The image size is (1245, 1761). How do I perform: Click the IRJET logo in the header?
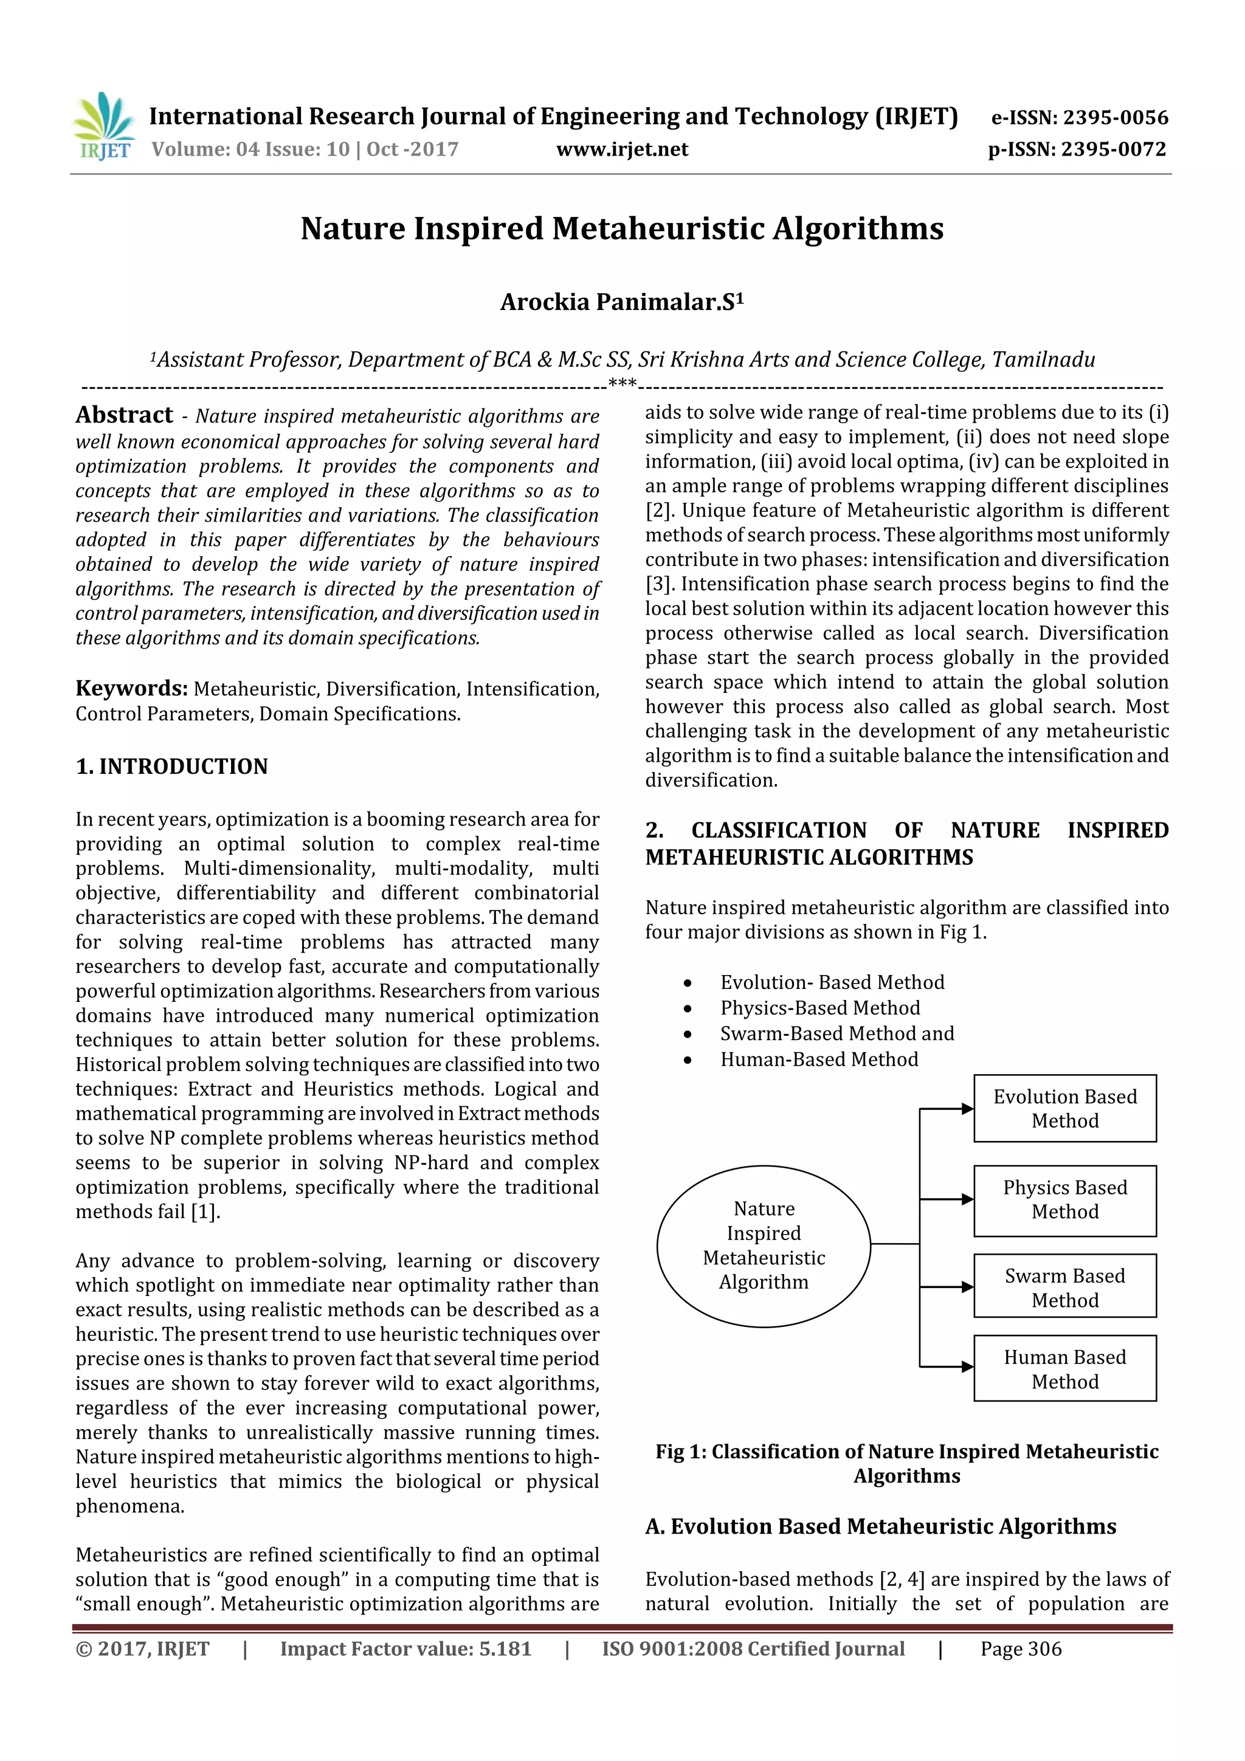[103, 126]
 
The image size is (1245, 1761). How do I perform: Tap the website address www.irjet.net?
[622, 149]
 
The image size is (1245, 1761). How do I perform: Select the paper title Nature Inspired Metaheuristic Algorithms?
[622, 229]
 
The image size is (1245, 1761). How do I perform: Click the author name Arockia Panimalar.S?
[622, 302]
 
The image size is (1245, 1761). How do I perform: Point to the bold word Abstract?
[124, 415]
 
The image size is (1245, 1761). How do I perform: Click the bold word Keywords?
[131, 688]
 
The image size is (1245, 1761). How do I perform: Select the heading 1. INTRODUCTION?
[172, 766]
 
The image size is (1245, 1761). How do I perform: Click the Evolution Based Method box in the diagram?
[1064, 1108]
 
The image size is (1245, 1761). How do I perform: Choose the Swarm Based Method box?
[1064, 1287]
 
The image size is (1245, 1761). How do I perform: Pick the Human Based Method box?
[1064, 1369]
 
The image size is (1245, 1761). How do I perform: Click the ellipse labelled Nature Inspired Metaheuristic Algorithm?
[764, 1246]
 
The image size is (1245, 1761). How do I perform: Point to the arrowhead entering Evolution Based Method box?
[967, 1108]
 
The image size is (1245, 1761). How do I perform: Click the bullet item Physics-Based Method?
[819, 1008]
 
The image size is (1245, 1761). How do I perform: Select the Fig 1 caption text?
[907, 1463]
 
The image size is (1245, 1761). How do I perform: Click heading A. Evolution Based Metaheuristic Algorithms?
[881, 1527]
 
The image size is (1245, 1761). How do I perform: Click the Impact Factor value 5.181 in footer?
[505, 1649]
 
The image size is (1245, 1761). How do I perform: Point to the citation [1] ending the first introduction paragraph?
[205, 1212]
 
